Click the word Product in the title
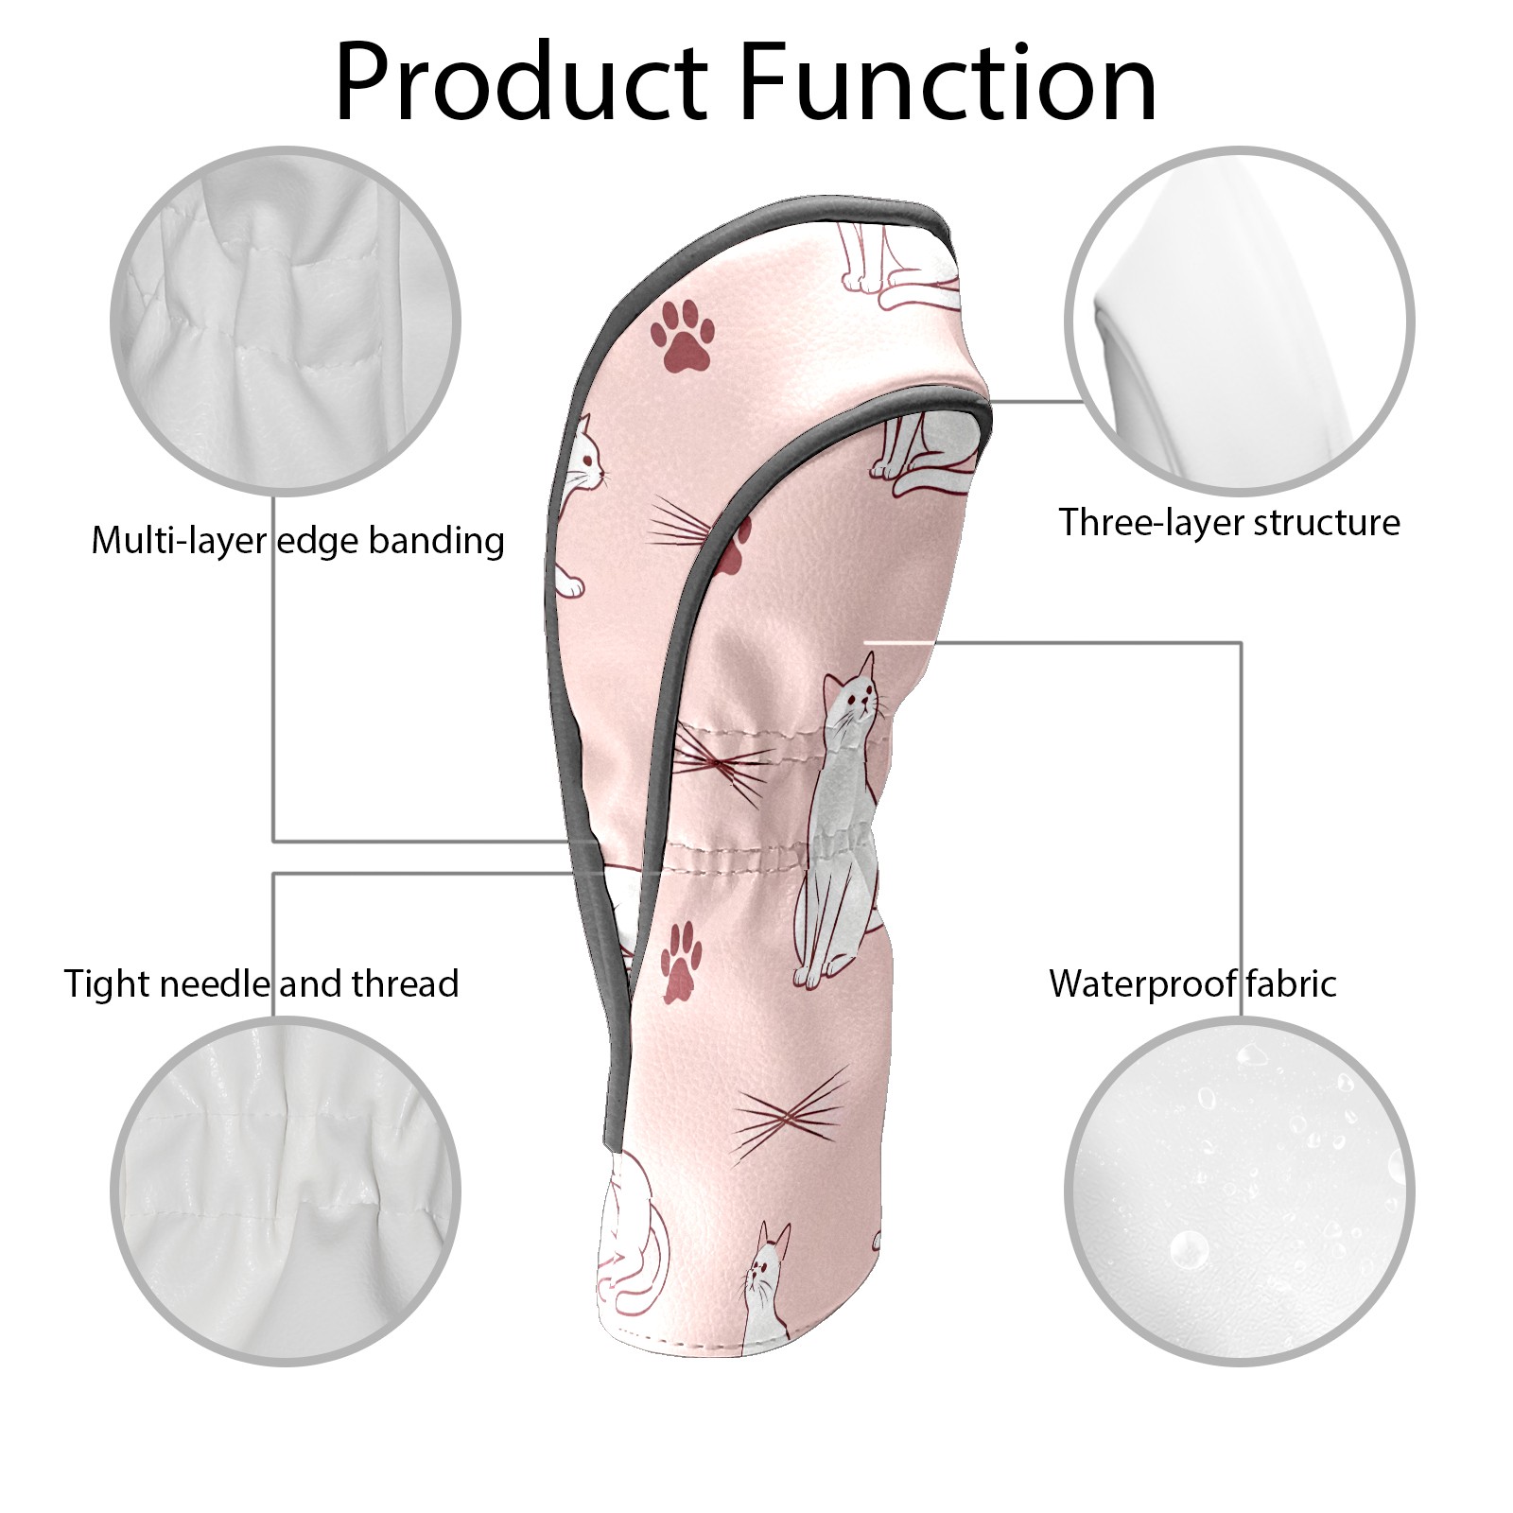pyautogui.click(x=521, y=82)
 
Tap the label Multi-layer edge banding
pyautogui.click(x=298, y=541)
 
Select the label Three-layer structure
pyautogui.click(x=1229, y=522)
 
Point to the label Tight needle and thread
pyautogui.click(x=261, y=984)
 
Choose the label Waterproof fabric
pyautogui.click(x=1192, y=983)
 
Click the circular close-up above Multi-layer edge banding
pyautogui.click(x=286, y=321)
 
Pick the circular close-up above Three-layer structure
pyautogui.click(x=1240, y=321)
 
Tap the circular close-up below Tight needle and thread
pyautogui.click(x=286, y=1191)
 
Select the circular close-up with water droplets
pyautogui.click(x=1240, y=1191)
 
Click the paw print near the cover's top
pyautogui.click(x=682, y=334)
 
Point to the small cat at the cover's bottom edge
pyautogui.click(x=766, y=1286)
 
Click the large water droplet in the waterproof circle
pyautogui.click(x=1188, y=1250)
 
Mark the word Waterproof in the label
pyautogui.click(x=1139, y=984)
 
